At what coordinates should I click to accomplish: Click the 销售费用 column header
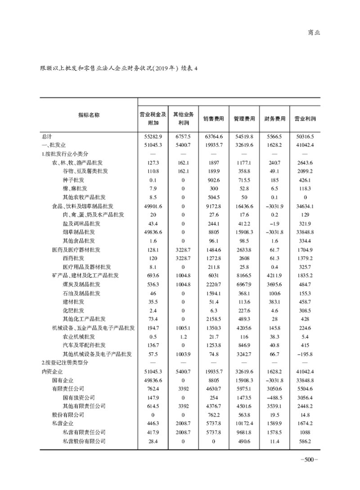pos(214,119)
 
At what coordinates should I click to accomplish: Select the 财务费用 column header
pos(274,119)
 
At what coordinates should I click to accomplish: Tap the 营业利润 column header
pos(305,119)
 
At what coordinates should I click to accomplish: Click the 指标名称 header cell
pos(89,115)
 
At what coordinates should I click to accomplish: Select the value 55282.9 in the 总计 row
pos(153,136)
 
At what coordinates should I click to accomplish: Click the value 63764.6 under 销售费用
pos(214,136)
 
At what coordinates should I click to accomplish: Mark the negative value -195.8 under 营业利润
pos(305,354)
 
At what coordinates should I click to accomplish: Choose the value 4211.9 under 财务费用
pos(274,275)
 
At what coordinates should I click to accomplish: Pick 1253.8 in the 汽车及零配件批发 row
pos(214,345)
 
